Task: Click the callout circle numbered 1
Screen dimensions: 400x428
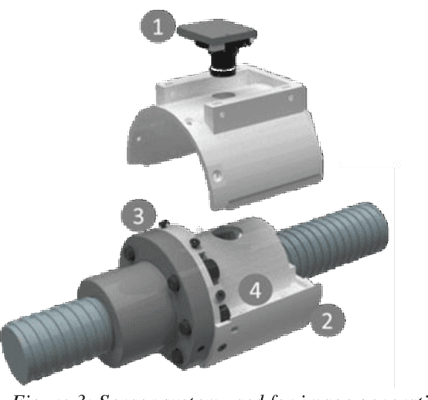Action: click(x=158, y=30)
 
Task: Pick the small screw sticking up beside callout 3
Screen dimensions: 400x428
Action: click(x=164, y=224)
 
